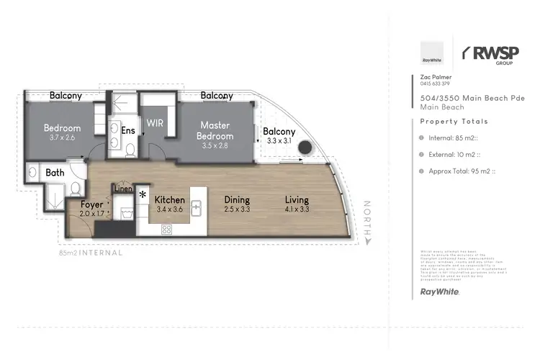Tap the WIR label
(x=155, y=123)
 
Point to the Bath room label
(x=55, y=173)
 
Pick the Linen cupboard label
(x=122, y=189)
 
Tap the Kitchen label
(x=169, y=199)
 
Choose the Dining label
(x=235, y=199)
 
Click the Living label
(x=296, y=199)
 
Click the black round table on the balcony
(x=305, y=148)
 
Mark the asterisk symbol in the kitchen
(x=143, y=195)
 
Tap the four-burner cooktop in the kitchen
(x=166, y=230)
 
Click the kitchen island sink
(x=195, y=205)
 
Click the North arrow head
(x=368, y=243)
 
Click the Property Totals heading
(x=454, y=122)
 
